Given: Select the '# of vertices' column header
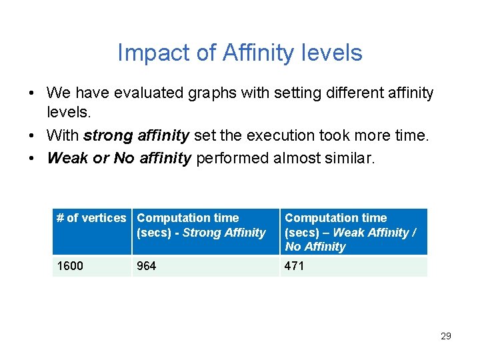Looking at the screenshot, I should click(x=91, y=218).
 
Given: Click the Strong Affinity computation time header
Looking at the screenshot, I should click(x=201, y=225).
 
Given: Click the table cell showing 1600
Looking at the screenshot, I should click(x=70, y=266).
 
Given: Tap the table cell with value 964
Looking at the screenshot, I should click(x=146, y=266).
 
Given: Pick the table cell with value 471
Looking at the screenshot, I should click(x=294, y=266).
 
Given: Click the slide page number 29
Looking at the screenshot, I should click(x=445, y=336).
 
